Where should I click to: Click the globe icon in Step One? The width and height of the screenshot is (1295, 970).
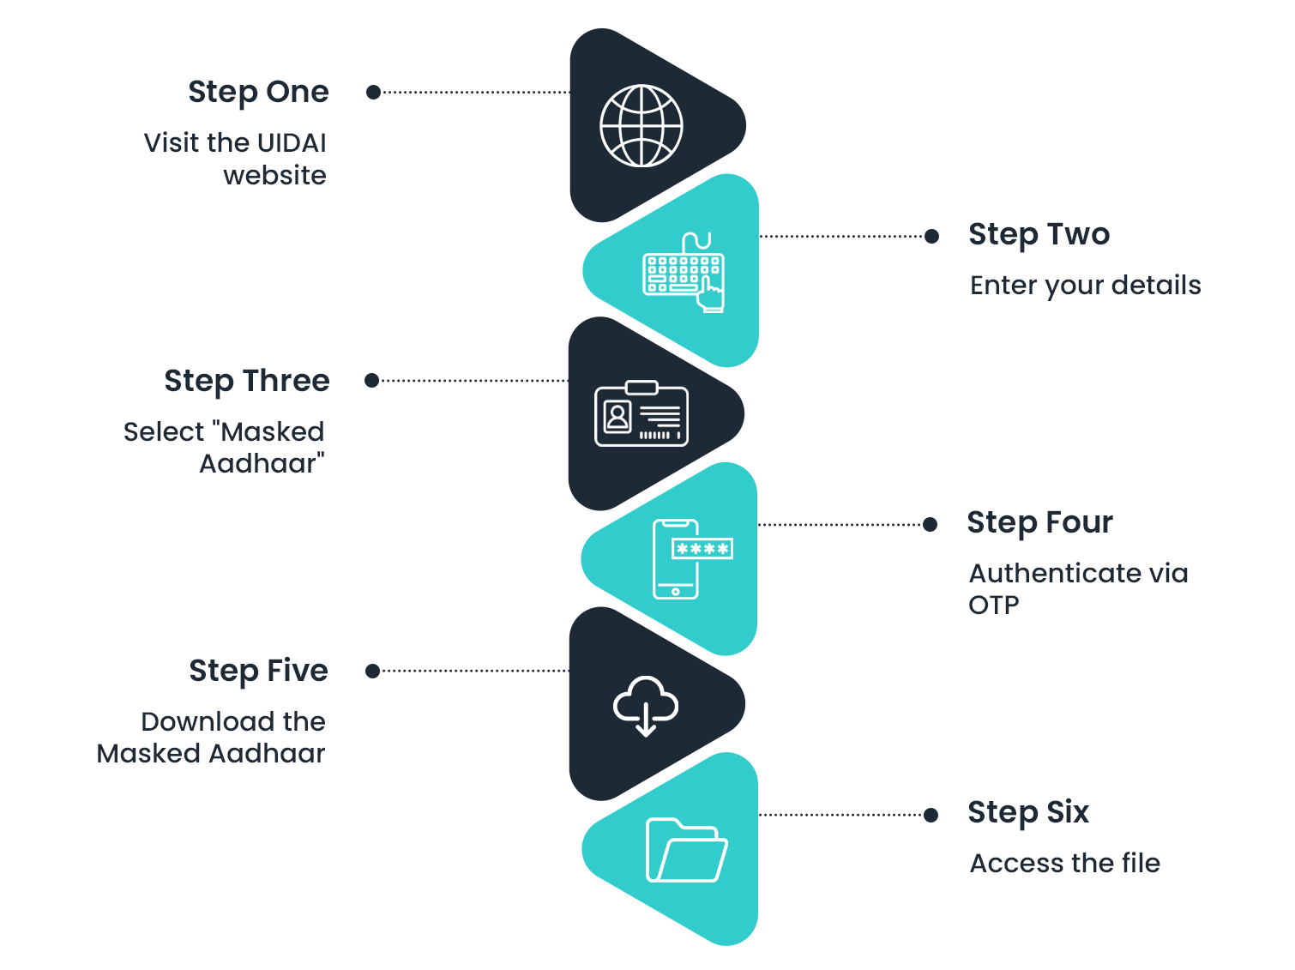point(641,126)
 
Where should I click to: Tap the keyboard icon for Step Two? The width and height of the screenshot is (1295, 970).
point(684,273)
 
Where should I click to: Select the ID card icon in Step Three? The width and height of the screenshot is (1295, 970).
point(641,414)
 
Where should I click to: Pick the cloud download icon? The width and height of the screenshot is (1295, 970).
point(645,705)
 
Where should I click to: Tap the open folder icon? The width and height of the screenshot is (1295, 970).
point(685,850)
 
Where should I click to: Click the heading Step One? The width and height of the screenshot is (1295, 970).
point(258,92)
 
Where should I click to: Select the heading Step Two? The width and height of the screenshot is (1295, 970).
point(1039,234)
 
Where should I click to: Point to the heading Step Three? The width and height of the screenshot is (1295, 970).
point(247,381)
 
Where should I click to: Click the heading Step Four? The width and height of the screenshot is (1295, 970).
point(1039,522)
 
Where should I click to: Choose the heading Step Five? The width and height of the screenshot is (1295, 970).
point(258,671)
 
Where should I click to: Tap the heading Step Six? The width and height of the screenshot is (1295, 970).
point(1028,812)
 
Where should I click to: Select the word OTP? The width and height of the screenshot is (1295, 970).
point(993,605)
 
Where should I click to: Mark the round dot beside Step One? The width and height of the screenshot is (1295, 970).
point(373,92)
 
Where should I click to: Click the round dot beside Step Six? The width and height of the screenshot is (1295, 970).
point(931,815)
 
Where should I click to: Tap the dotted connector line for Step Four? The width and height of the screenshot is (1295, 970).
point(840,524)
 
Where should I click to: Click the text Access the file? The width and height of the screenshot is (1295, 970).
point(1064,863)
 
